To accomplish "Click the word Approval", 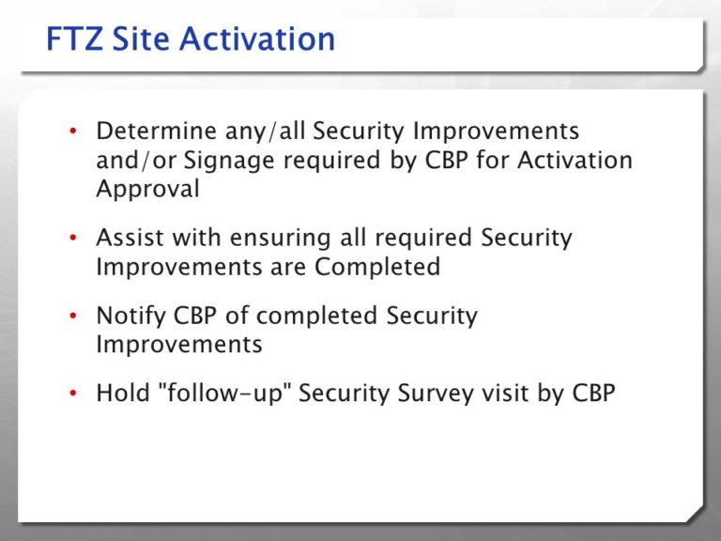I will coord(147,188).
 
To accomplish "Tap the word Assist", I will coord(128,238).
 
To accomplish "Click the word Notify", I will coord(129,316).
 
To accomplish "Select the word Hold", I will coord(119,393).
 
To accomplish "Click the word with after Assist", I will coord(192,238).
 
